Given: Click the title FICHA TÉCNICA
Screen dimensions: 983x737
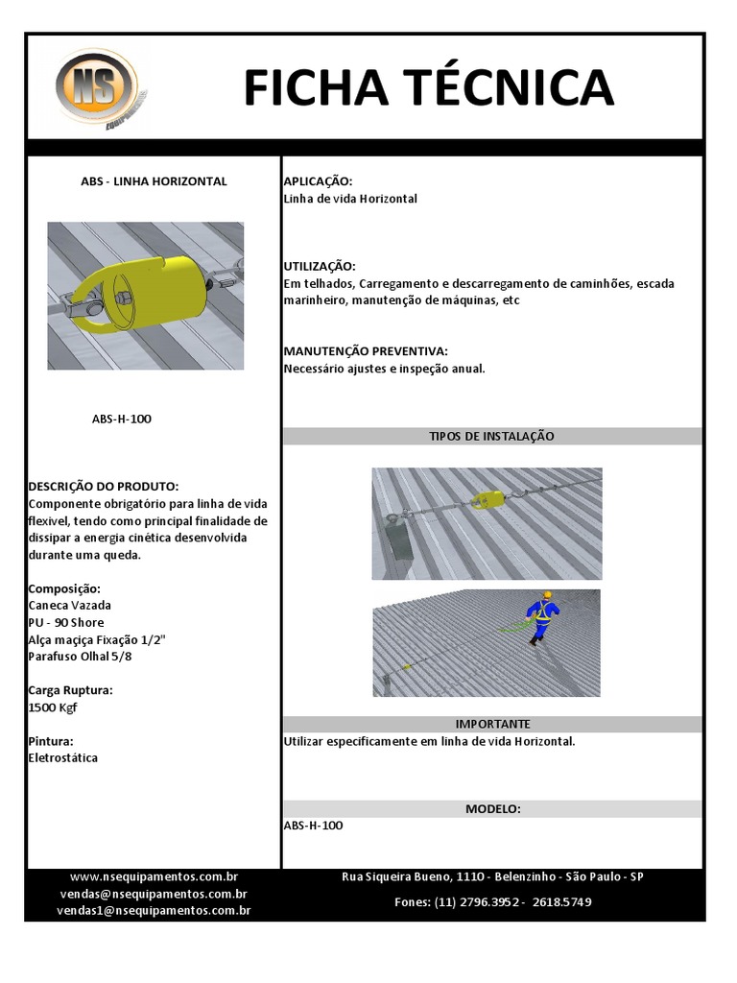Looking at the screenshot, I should pos(428,87).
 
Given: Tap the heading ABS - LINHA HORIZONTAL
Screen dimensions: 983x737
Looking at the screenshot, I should pos(154,181).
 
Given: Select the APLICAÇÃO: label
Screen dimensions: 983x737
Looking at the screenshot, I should pos(318,181).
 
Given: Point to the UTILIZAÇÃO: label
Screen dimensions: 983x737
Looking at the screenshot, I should pos(320,266).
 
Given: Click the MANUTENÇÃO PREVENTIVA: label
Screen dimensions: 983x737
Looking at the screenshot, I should pos(366,351).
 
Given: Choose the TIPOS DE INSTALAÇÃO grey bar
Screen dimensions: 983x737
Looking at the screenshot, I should pos(491,436).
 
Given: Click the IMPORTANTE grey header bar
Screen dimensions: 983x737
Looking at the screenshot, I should pos(491,724).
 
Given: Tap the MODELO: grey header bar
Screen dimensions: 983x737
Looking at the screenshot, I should pos(491,809).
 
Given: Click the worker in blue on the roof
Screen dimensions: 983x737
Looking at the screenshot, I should pos(542,614).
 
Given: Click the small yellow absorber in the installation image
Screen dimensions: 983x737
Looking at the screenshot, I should pos(487,499).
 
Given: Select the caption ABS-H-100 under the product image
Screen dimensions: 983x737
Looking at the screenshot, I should pos(122,420).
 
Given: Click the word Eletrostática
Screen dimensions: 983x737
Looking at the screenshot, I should pos(63,758).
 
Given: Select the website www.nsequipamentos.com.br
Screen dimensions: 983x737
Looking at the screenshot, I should pos(154,876).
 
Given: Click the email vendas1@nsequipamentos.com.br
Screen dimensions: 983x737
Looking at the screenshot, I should pos(154,910).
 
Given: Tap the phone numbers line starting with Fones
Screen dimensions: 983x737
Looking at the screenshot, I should pos(492,902).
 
